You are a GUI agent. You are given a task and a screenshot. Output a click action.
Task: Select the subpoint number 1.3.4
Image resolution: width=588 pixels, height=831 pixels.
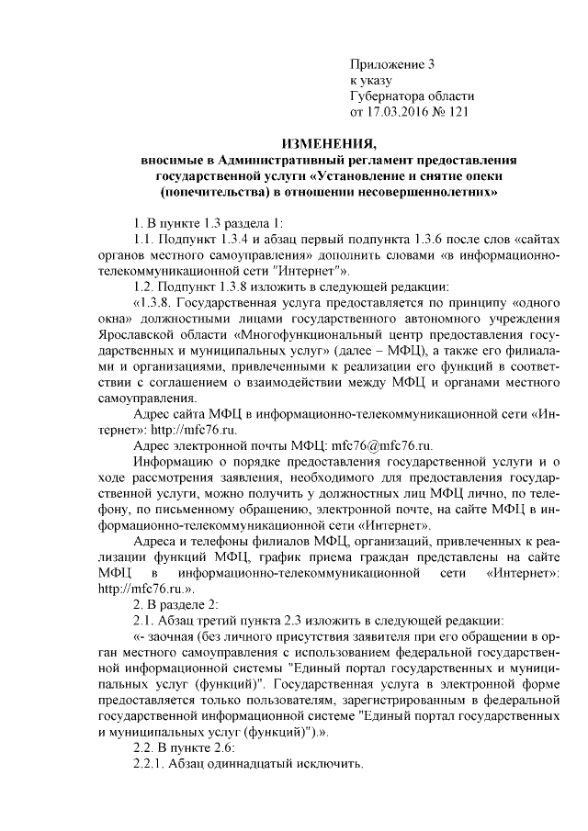tap(234, 240)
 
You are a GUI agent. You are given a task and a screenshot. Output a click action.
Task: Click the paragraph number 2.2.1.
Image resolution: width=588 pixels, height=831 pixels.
tap(152, 766)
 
